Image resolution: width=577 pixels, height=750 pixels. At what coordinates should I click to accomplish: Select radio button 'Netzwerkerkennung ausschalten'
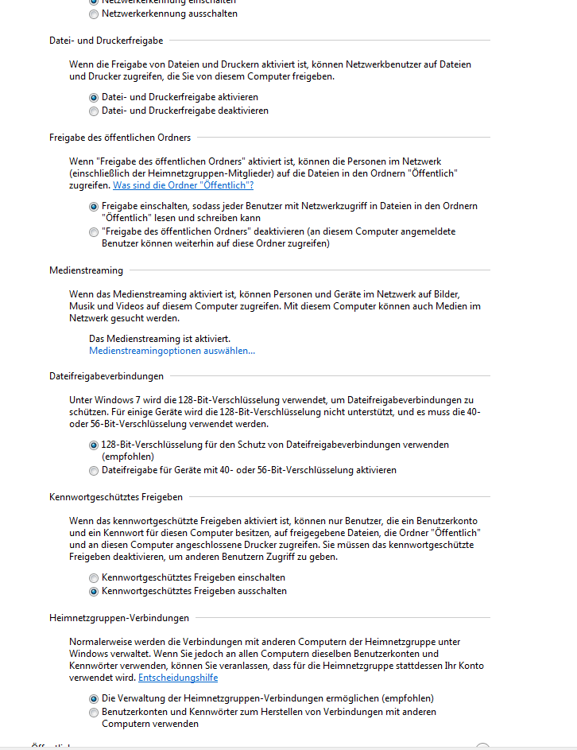point(95,14)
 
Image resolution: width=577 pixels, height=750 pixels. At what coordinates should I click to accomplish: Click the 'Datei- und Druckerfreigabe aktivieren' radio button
point(95,97)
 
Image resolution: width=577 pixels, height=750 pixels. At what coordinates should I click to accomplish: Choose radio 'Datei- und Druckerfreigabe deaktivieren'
point(95,111)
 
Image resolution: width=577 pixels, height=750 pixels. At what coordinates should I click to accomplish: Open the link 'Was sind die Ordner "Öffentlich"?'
point(183,185)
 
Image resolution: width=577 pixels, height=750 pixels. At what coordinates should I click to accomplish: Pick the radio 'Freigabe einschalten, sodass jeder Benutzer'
point(95,206)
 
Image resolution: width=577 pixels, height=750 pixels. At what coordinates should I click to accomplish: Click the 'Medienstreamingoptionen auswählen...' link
point(172,351)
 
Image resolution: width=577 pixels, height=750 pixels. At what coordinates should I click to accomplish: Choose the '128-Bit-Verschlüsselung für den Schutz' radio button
point(95,445)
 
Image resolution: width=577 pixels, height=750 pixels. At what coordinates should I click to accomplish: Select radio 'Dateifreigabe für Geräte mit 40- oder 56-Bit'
point(95,471)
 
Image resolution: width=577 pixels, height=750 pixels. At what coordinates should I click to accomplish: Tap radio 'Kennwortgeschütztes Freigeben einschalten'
point(95,577)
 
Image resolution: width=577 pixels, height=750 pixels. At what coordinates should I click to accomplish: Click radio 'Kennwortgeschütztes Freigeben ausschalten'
point(95,592)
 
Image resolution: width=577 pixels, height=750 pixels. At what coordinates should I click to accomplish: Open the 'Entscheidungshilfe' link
point(178,678)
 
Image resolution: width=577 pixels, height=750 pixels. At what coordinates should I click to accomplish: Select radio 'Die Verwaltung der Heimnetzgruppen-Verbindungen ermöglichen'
point(95,698)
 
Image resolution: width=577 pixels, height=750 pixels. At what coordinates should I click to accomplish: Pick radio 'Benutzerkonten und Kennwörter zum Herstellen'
point(95,713)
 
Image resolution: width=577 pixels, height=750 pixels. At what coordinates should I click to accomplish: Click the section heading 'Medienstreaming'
point(86,270)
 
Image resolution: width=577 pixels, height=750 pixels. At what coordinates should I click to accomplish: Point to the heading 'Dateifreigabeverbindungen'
point(106,376)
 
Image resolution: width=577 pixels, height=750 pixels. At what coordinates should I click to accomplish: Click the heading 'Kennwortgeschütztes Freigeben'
point(116,497)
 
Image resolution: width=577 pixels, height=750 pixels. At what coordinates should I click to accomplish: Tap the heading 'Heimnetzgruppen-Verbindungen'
point(119,618)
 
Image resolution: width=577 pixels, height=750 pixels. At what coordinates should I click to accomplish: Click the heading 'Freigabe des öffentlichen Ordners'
point(120,138)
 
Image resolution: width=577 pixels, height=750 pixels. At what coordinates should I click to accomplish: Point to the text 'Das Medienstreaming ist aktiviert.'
point(160,339)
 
